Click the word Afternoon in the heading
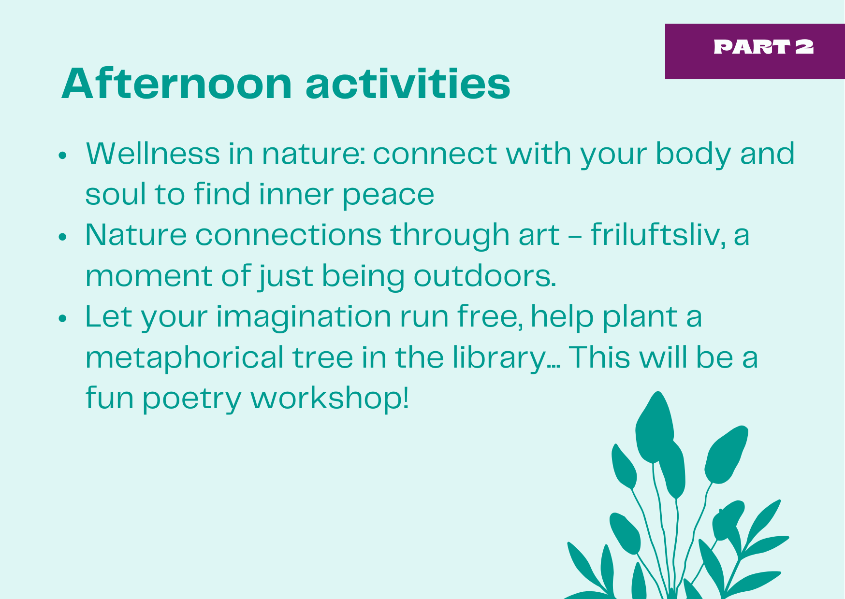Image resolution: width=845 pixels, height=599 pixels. coord(177,84)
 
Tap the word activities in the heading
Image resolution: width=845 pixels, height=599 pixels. coord(408,84)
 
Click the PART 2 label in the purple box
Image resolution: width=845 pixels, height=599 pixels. coord(764,47)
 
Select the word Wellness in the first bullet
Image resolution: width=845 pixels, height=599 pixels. coord(153,154)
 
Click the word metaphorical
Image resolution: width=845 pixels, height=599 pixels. coord(185,358)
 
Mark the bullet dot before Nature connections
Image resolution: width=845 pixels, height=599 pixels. coord(62,237)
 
